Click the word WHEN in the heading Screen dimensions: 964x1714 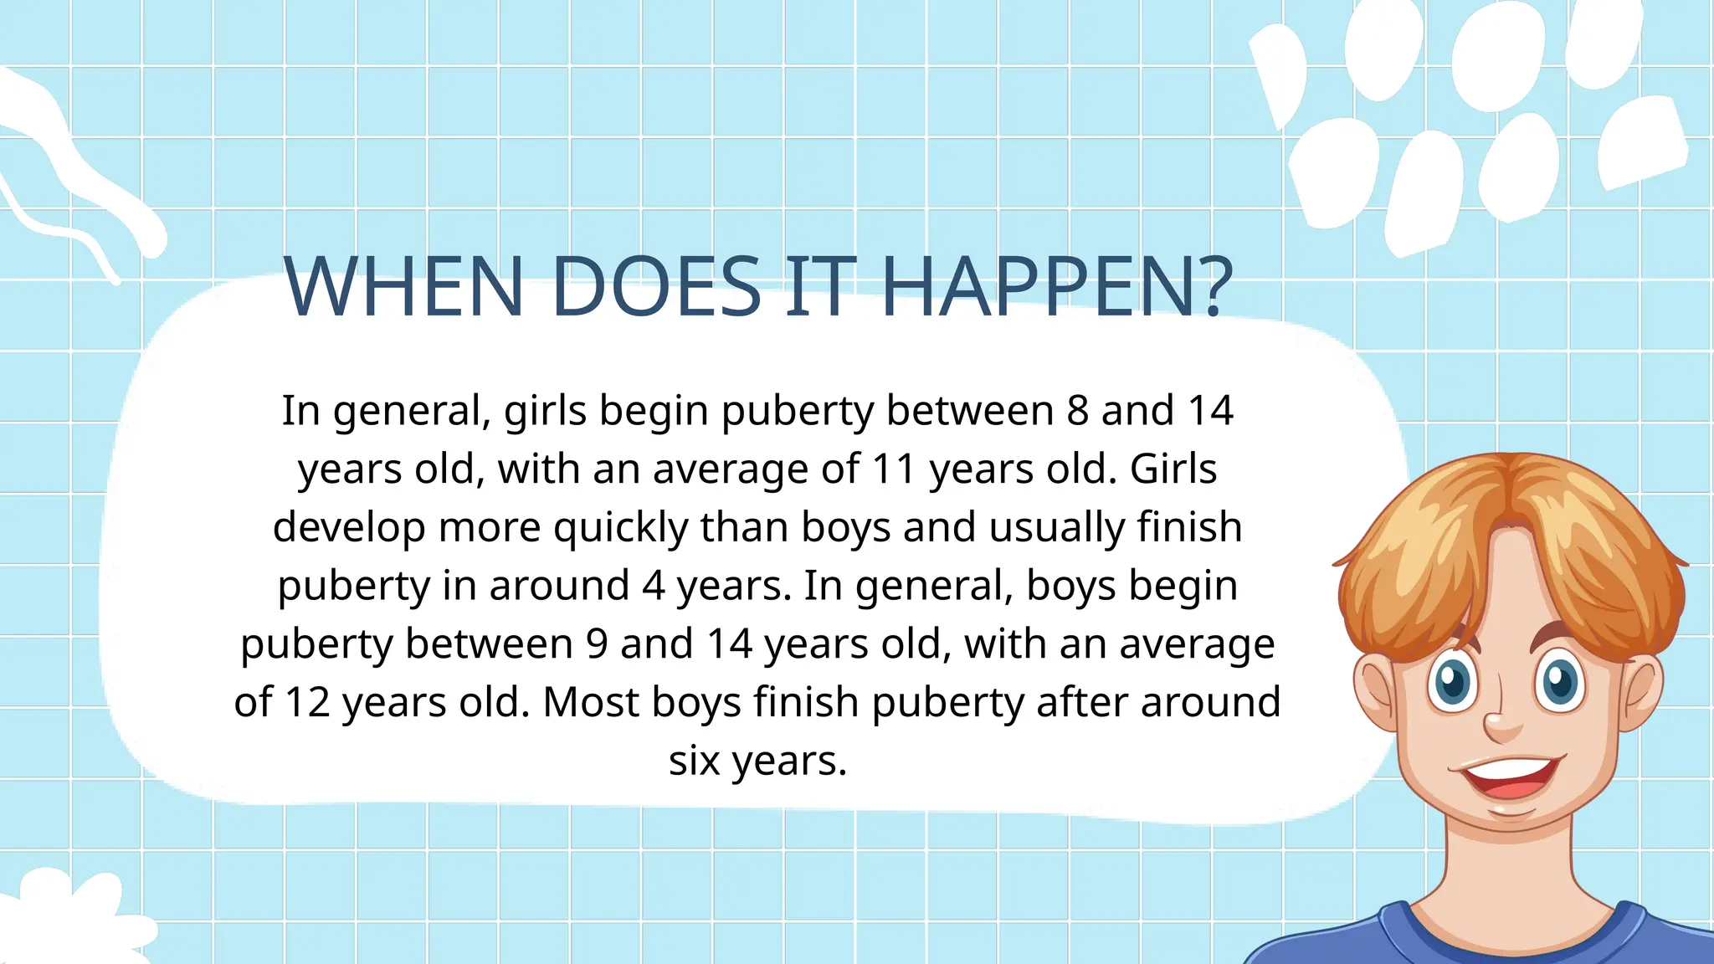point(404,286)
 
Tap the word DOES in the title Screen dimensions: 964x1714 point(656,286)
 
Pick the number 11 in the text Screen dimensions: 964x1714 point(893,469)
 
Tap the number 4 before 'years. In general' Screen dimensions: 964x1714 point(654,586)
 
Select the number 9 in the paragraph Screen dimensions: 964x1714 point(597,644)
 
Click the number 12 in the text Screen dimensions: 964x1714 point(306,702)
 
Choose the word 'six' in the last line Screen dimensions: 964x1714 point(694,761)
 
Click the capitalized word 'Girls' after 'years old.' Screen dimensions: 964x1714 point(1173,469)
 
